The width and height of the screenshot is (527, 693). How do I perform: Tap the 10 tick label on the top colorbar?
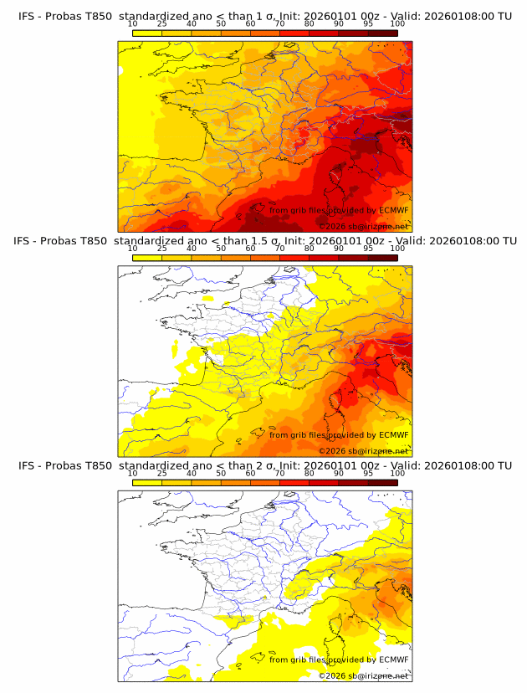132,23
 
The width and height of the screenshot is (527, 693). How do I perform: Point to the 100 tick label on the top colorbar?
397,23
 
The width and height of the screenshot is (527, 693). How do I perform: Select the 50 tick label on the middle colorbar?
221,249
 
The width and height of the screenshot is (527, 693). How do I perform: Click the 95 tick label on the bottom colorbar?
368,474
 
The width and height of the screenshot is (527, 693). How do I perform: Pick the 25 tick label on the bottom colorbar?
161,474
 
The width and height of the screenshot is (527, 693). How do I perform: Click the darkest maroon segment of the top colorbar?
382,33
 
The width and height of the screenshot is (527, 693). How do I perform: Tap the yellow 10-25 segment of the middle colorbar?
147,258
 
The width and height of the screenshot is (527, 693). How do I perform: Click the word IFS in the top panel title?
27,16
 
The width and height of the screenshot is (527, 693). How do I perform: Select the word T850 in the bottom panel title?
96,465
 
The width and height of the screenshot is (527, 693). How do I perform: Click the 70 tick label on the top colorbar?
279,23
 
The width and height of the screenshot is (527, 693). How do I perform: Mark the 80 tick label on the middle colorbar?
310,249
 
